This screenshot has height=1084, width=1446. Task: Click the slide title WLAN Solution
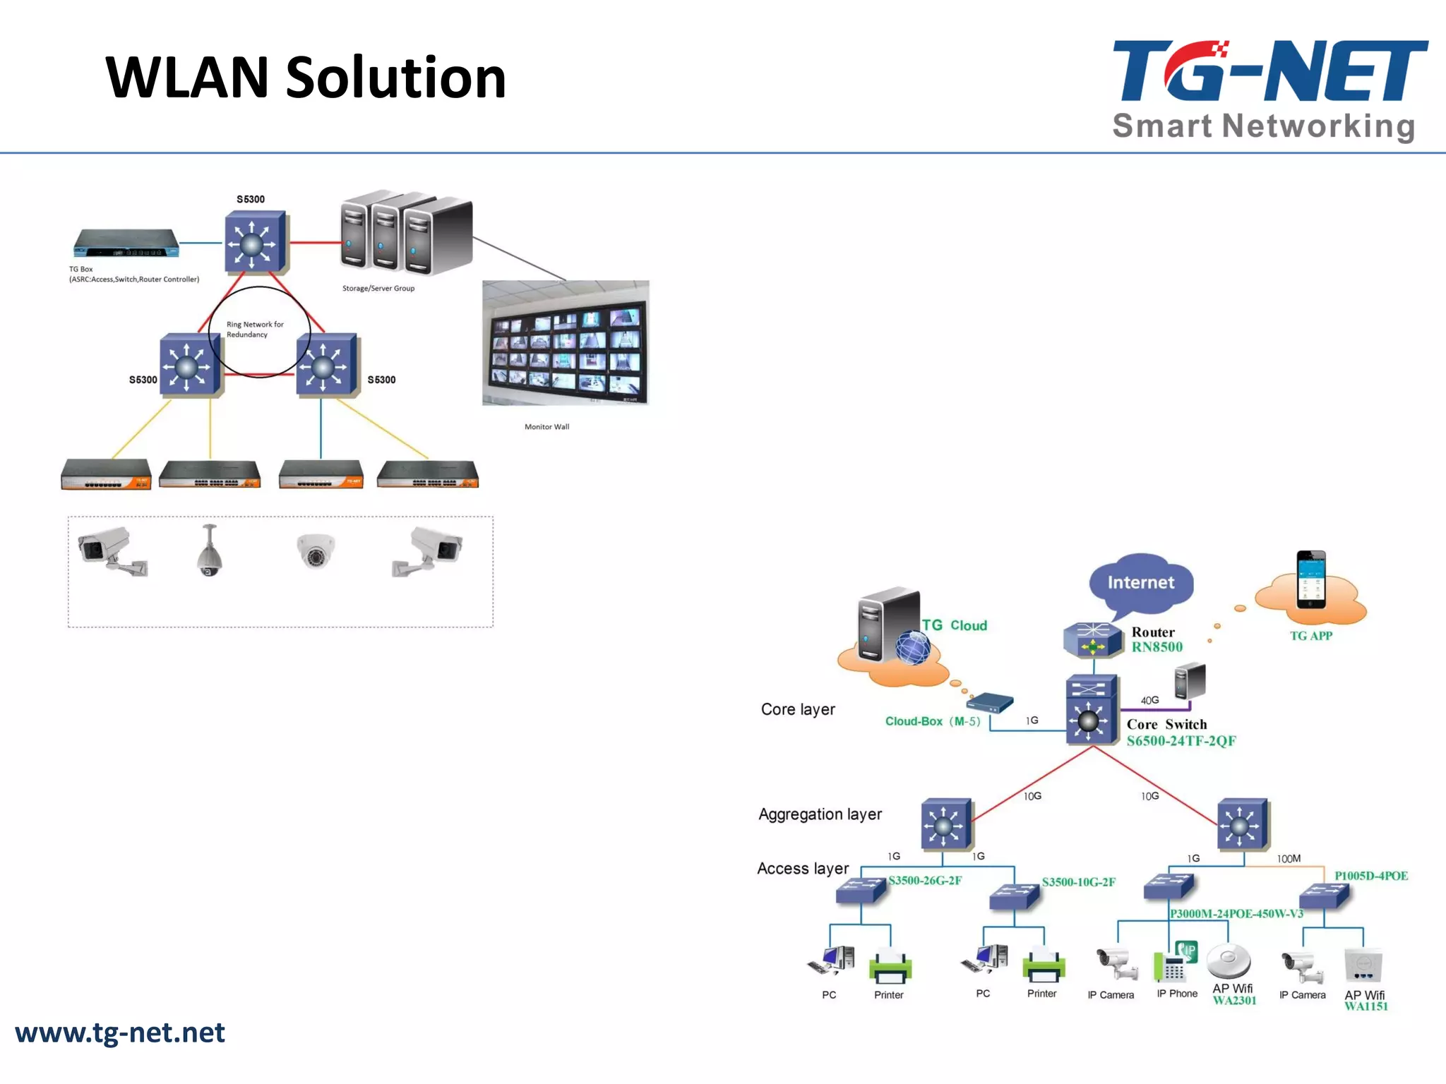pos(306,78)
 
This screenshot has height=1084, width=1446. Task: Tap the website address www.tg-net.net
pos(120,1032)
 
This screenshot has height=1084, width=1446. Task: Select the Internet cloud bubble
pos(1141,582)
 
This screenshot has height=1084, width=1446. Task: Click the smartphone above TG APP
pos(1311,579)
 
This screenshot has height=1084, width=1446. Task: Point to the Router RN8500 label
pos(1157,639)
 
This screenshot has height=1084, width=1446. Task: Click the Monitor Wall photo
pos(566,343)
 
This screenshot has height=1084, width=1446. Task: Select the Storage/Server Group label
pos(378,288)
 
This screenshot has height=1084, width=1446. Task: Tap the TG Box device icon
pos(126,243)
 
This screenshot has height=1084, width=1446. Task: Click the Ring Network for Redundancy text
pos(254,330)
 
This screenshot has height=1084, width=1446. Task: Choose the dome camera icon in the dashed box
pos(315,550)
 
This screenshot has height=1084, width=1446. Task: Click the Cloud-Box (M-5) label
pos(933,721)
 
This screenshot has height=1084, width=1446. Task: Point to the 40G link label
pos(1149,700)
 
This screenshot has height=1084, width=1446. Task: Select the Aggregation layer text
pos(820,814)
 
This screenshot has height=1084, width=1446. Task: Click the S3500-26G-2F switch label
pos(925,880)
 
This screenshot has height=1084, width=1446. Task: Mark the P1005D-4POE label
pos(1370,876)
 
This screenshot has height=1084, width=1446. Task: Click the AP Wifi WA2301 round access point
pos(1229,960)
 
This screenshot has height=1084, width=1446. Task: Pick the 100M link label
pos(1289,859)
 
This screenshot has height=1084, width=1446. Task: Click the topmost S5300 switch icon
pos(255,242)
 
